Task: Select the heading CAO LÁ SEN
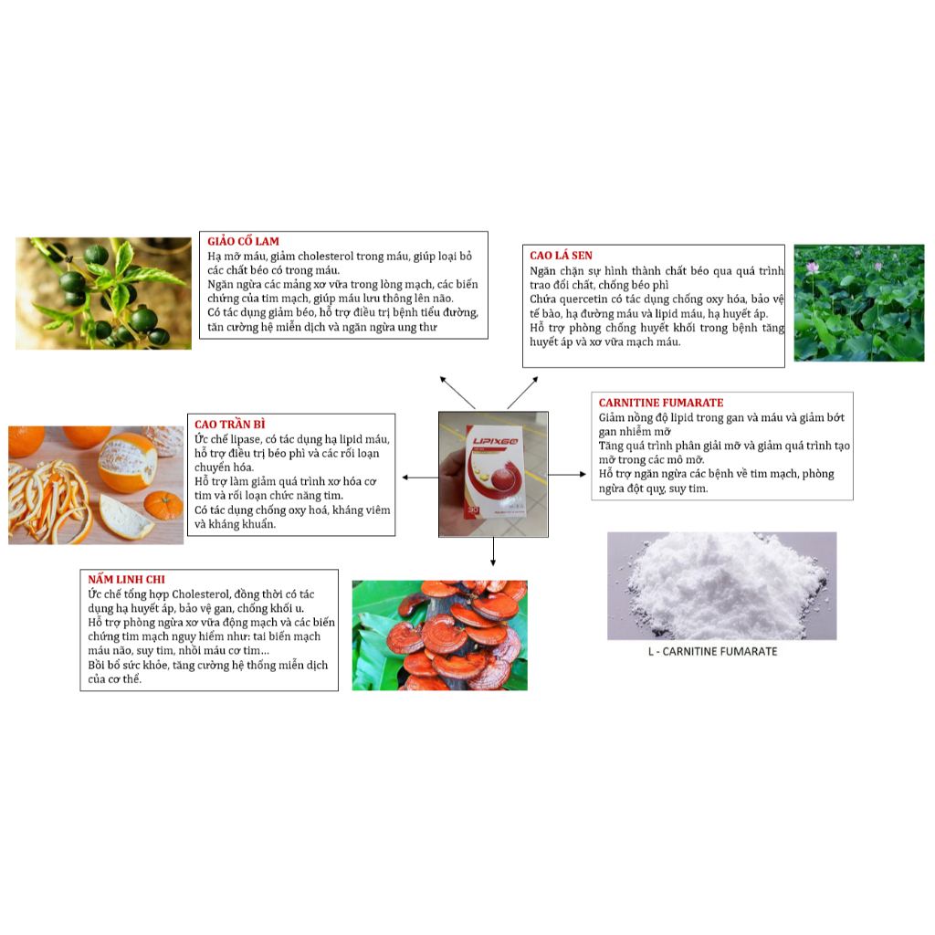point(561,256)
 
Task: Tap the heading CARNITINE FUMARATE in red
point(660,403)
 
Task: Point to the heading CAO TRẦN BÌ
point(229,425)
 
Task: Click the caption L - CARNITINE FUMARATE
point(720,651)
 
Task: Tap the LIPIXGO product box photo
point(493,473)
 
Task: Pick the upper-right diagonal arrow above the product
point(523,391)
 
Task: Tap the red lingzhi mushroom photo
point(439,635)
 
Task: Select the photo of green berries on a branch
point(103,293)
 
